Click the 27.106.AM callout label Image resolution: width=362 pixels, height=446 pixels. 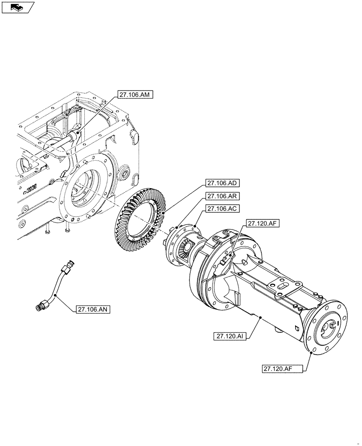136,94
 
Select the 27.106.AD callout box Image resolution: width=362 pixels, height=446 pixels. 223,183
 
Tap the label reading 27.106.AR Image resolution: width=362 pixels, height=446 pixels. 223,196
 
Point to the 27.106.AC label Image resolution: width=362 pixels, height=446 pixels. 223,208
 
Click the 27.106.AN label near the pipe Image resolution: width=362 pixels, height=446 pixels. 95,309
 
